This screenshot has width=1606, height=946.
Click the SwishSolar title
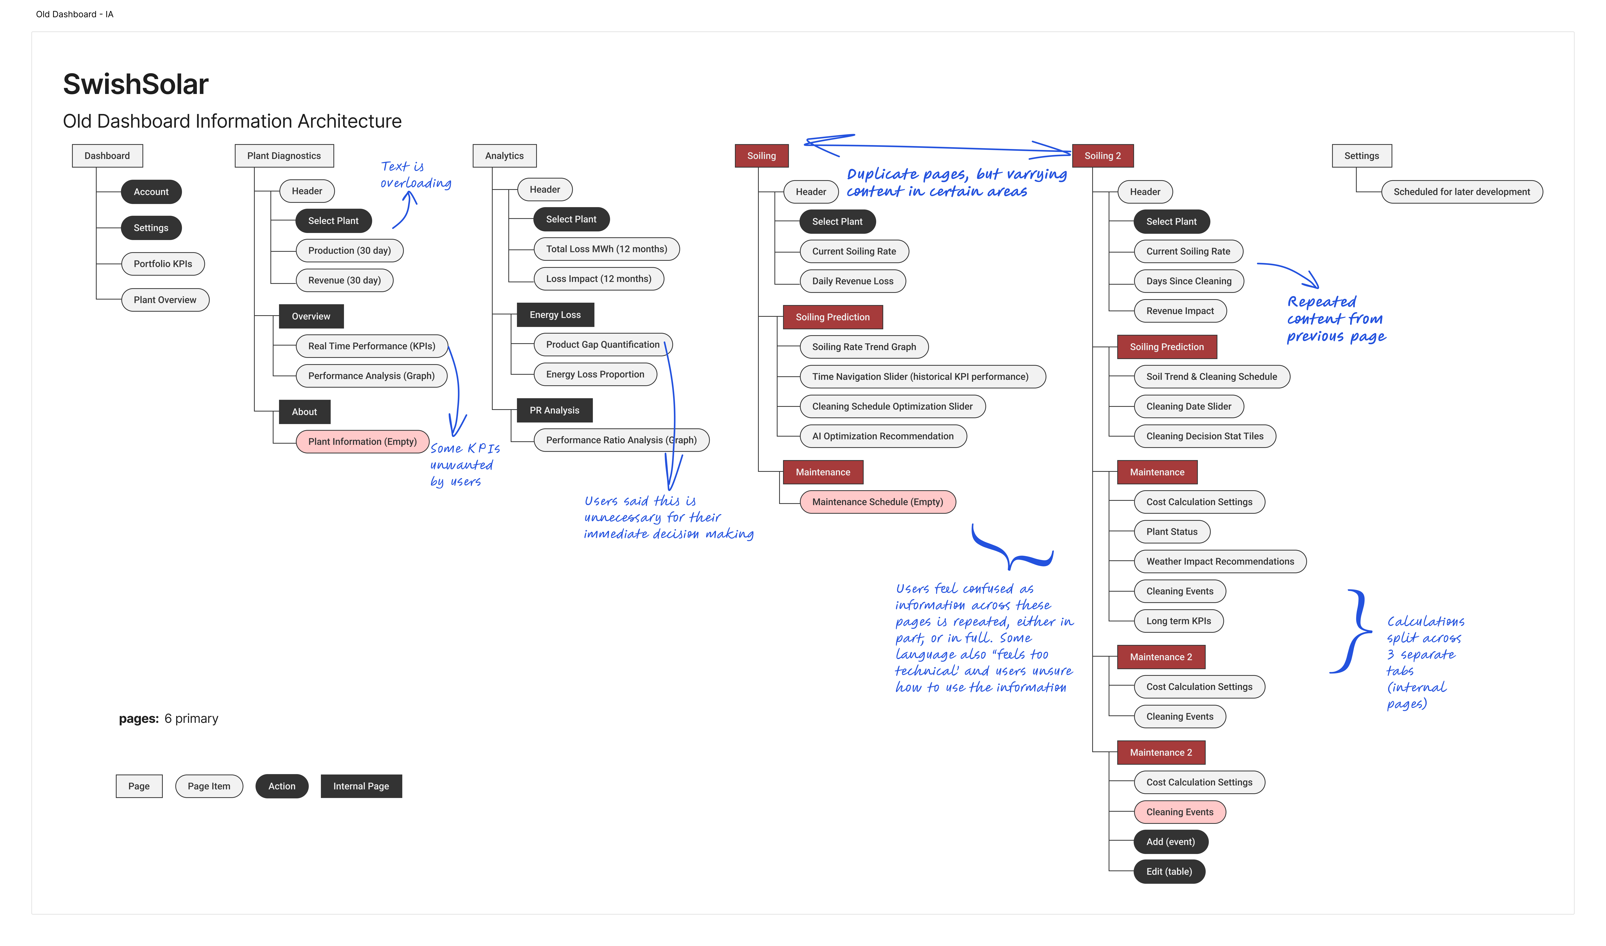136,84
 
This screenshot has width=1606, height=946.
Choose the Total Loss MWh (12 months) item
606,249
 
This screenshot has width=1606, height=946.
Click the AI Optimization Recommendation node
883,436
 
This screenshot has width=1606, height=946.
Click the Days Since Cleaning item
1189,281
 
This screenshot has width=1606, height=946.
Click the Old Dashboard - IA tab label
75,14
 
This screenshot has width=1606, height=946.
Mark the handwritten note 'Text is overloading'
415,175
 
